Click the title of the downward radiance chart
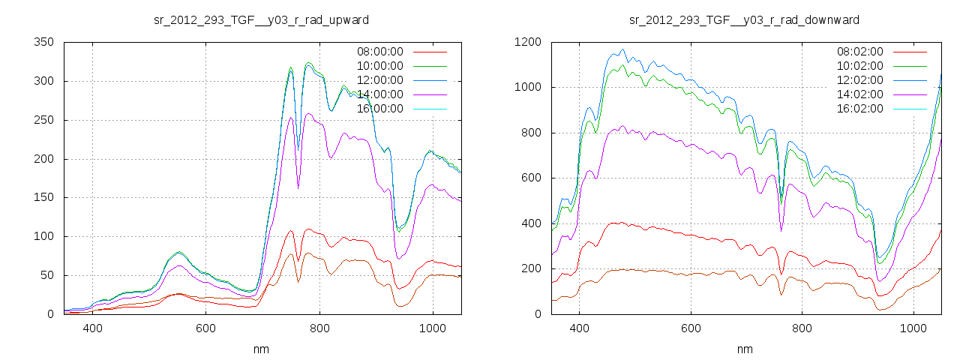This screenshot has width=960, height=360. (x=744, y=19)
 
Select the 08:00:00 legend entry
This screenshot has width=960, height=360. (x=379, y=52)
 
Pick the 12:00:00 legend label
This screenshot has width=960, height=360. (x=379, y=80)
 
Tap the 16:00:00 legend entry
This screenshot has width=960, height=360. (x=379, y=109)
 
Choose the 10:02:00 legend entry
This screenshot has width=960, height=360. (x=860, y=66)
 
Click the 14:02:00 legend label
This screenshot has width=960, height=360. (x=860, y=94)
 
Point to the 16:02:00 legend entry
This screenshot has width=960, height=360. (x=860, y=109)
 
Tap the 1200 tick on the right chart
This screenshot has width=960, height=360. (x=528, y=43)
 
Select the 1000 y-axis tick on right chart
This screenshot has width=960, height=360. (x=528, y=88)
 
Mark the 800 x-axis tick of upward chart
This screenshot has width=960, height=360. (x=319, y=328)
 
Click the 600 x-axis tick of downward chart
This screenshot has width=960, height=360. (x=691, y=328)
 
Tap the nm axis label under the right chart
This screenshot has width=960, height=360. (x=744, y=349)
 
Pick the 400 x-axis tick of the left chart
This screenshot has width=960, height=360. (x=93, y=328)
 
